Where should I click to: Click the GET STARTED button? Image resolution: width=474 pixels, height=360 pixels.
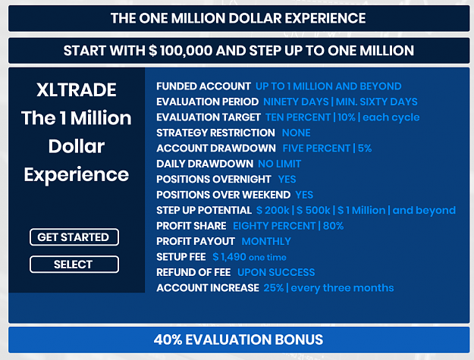click(74, 237)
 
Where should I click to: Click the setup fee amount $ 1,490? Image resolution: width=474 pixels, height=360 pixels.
click(229, 257)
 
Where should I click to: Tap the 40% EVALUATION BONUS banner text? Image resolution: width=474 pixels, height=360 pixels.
click(238, 340)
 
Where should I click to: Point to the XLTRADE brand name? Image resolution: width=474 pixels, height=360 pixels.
click(77, 89)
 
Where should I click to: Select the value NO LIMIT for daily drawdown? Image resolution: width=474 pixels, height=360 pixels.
click(279, 164)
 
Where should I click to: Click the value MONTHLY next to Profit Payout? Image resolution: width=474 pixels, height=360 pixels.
click(266, 241)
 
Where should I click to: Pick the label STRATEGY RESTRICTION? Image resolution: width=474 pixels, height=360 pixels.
click(215, 133)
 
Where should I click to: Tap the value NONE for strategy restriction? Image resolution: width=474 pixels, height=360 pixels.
click(296, 133)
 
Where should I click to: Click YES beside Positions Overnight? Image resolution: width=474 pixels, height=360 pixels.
click(287, 180)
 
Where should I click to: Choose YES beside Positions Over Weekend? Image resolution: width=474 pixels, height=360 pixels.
click(304, 195)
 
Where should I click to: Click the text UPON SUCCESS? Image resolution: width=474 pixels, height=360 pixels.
click(276, 272)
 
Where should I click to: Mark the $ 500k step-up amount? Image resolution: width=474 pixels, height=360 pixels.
click(313, 210)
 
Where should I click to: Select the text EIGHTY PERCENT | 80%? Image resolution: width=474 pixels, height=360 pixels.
click(288, 226)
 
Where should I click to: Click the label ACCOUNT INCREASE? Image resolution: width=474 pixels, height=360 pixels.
click(208, 288)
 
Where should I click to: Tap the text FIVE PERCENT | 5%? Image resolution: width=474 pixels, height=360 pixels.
click(327, 149)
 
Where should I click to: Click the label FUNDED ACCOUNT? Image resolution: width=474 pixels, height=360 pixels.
click(203, 86)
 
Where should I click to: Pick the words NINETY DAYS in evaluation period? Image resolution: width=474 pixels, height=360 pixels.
click(296, 102)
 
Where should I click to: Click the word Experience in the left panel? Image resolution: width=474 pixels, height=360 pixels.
click(77, 175)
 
